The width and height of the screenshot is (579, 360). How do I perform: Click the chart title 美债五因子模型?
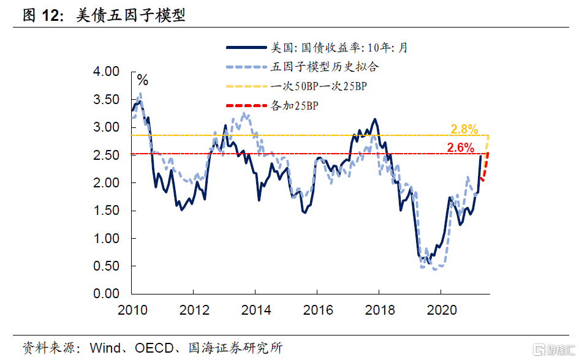click(x=131, y=15)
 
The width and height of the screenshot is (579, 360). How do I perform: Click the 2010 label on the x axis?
click(x=132, y=310)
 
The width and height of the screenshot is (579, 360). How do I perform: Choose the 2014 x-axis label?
click(x=255, y=310)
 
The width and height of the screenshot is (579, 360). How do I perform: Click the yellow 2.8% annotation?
click(x=464, y=129)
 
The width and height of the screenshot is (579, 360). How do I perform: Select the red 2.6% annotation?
click(x=461, y=148)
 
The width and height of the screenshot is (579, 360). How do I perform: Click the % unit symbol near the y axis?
click(x=143, y=80)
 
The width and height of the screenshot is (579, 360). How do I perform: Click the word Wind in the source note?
click(x=104, y=348)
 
